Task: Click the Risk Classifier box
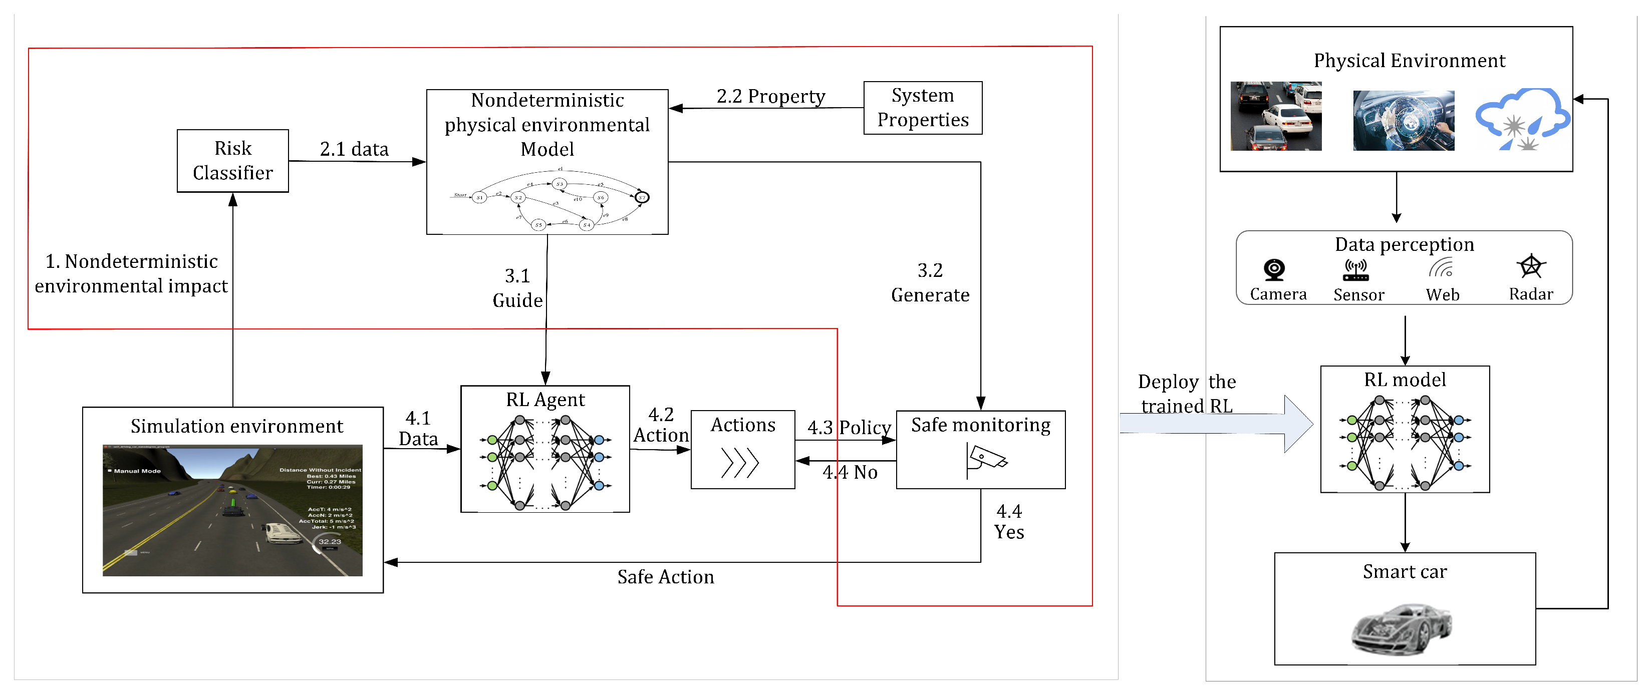point(232,161)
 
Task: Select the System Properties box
point(922,108)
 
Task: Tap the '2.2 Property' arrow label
point(770,97)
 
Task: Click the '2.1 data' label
point(354,149)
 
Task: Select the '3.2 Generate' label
point(930,282)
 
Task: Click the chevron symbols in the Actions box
point(740,463)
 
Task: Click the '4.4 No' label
point(850,473)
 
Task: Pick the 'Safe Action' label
point(666,577)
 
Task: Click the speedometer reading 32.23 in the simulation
point(330,542)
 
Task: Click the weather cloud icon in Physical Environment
point(1523,120)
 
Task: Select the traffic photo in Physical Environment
point(1275,116)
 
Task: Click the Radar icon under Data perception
point(1531,266)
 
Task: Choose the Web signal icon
point(1441,268)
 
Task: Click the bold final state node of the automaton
point(642,197)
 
